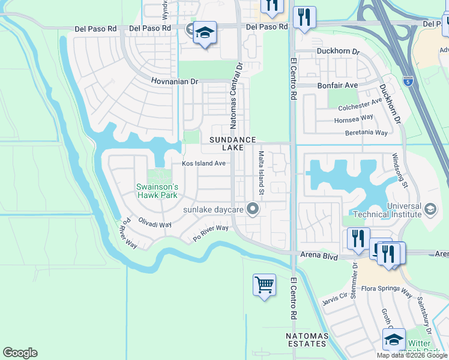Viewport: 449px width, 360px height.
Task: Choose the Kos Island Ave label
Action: pos(203,163)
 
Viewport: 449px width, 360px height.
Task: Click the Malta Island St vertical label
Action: pos(261,174)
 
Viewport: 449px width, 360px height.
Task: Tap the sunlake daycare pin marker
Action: pos(253,209)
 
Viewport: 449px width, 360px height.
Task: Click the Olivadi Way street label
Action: pos(155,224)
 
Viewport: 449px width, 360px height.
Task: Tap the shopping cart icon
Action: pos(264,285)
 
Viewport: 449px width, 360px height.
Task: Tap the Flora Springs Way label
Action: pos(391,293)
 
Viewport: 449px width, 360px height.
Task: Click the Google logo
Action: pos(20,353)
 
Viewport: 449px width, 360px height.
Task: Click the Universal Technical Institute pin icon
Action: pos(430,209)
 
